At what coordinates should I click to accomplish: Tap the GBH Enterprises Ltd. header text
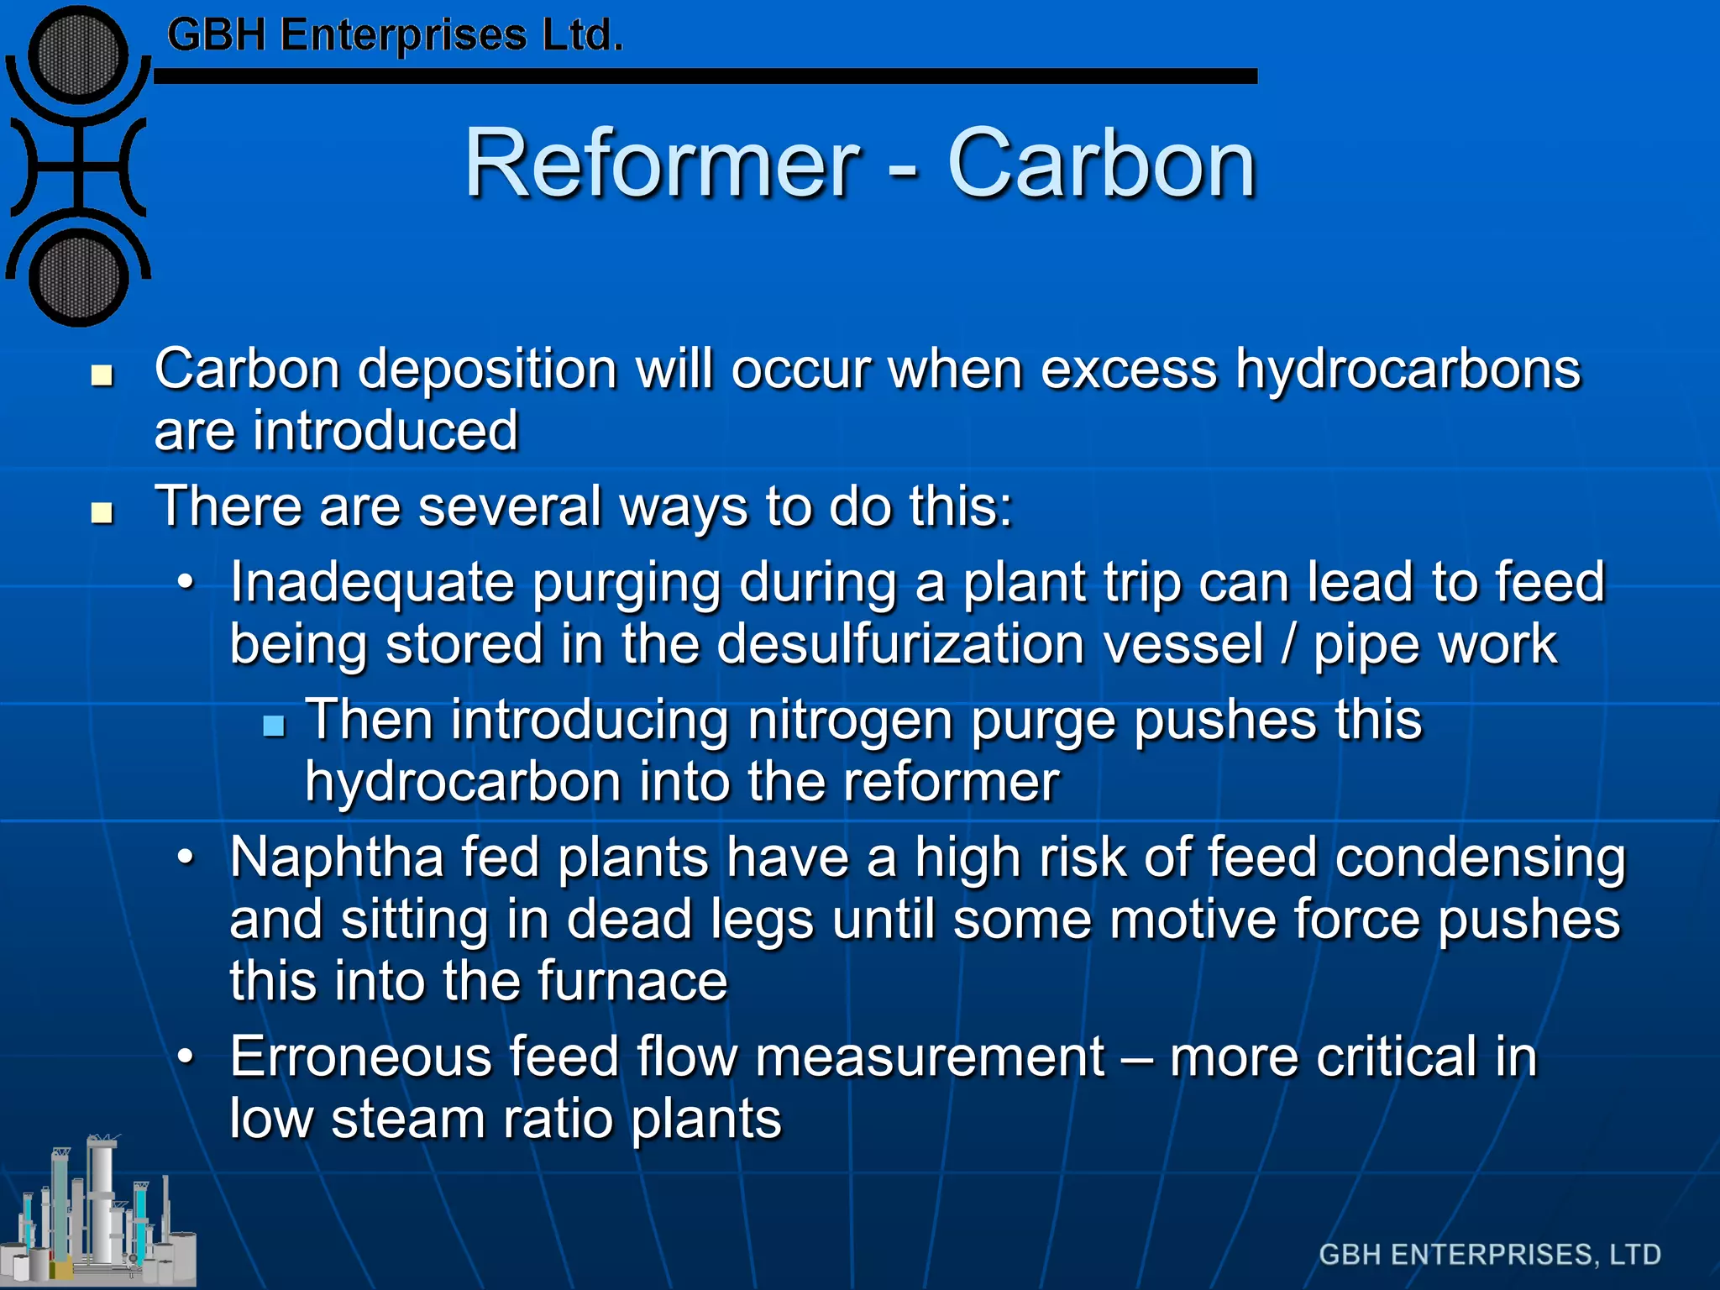click(x=395, y=35)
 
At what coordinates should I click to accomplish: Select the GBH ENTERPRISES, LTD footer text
click(x=1490, y=1254)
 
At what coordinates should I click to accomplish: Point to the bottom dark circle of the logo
click(x=78, y=278)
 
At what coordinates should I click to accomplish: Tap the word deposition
click(x=487, y=370)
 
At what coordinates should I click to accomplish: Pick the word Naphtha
click(x=337, y=858)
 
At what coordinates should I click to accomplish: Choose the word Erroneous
click(x=360, y=1057)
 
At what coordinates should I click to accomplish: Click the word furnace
click(x=632, y=981)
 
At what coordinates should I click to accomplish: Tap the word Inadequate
click(x=370, y=583)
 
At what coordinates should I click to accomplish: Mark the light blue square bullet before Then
click(x=274, y=725)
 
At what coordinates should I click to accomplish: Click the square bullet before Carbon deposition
click(x=102, y=375)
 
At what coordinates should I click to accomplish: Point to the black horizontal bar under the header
click(x=705, y=76)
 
